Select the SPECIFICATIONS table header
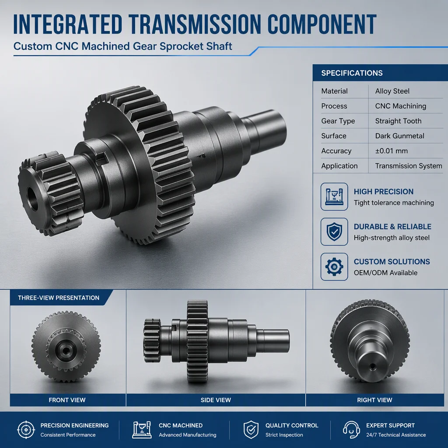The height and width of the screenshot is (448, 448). [352, 73]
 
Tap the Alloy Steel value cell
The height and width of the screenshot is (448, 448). [392, 91]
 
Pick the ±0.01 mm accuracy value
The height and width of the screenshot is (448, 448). [391, 151]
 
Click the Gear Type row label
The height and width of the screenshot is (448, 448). [338, 121]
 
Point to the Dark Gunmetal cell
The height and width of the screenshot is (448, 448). [399, 136]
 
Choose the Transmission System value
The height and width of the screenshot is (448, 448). [408, 166]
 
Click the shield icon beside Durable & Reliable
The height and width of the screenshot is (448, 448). [334, 232]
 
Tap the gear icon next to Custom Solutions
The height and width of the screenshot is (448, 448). [334, 267]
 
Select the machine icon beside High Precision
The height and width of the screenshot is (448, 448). [334, 196]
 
